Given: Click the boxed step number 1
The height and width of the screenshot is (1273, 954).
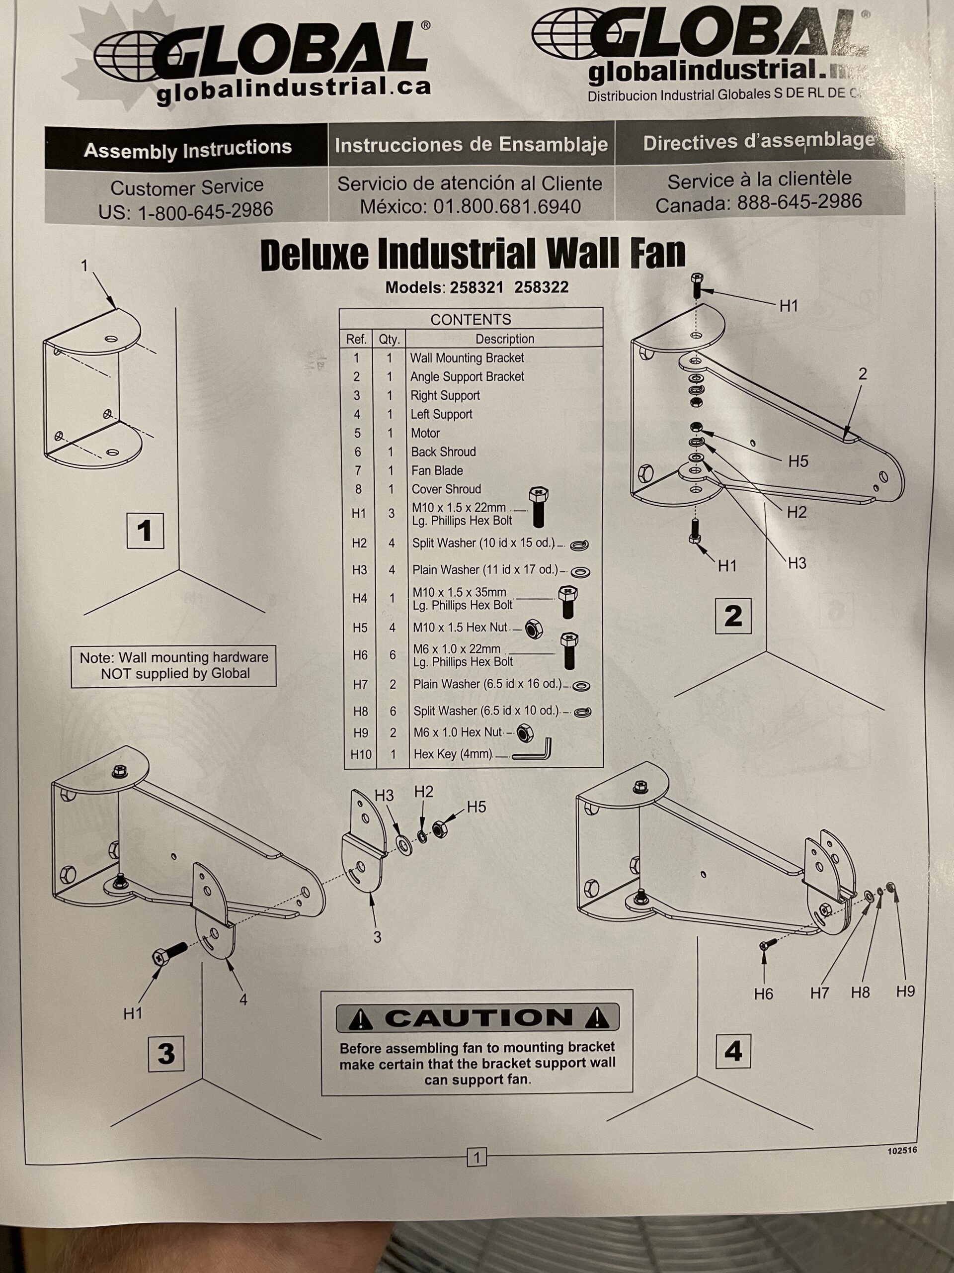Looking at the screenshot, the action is (x=145, y=531).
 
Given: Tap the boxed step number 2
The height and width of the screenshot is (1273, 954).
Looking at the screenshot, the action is (x=733, y=616).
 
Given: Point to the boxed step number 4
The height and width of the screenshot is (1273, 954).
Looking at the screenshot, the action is (x=733, y=1051).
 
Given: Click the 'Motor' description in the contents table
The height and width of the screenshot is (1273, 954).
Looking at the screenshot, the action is (x=425, y=433).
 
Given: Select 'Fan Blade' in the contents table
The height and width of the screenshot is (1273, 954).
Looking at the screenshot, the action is (x=437, y=471).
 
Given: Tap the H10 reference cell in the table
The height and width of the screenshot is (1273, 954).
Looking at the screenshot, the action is (x=361, y=754).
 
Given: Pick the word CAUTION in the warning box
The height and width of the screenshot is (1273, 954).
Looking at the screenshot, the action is (x=478, y=1018).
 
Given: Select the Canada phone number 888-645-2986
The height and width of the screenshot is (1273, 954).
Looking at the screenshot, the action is (x=801, y=202).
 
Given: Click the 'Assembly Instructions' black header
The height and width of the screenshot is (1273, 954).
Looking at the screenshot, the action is (x=187, y=149).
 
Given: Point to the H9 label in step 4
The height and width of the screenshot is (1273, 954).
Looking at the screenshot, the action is (x=905, y=992).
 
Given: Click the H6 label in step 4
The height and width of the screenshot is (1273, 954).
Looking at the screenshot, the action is (x=764, y=994).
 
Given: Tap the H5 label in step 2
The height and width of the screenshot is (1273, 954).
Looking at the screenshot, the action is (x=798, y=461).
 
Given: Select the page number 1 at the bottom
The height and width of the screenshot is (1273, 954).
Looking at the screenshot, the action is (x=476, y=1156).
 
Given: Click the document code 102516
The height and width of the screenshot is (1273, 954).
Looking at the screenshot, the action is (x=902, y=1150).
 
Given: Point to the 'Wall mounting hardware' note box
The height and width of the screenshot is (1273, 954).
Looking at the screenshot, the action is (x=174, y=666).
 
